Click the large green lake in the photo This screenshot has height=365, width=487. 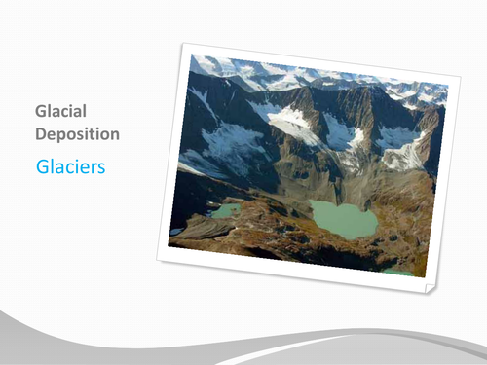[342, 219]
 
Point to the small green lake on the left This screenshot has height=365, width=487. [225, 210]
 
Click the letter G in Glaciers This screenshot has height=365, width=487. [42, 166]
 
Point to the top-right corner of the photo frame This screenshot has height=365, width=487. [459, 73]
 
